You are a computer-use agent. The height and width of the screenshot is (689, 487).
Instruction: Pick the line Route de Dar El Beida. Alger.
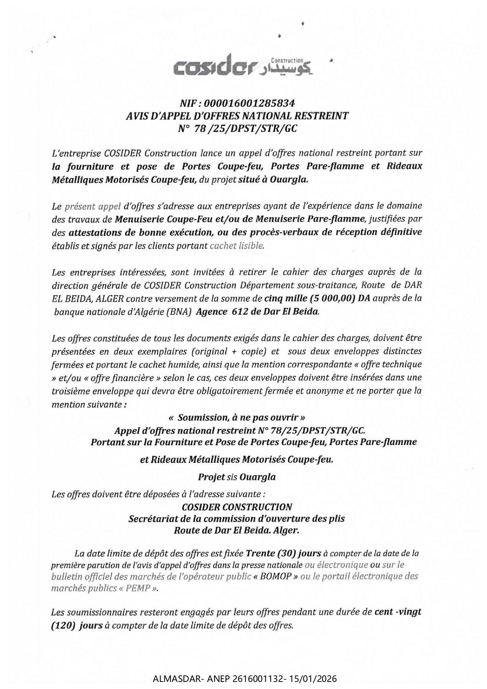(236, 530)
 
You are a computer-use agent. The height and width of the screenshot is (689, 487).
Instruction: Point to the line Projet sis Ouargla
(236, 477)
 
